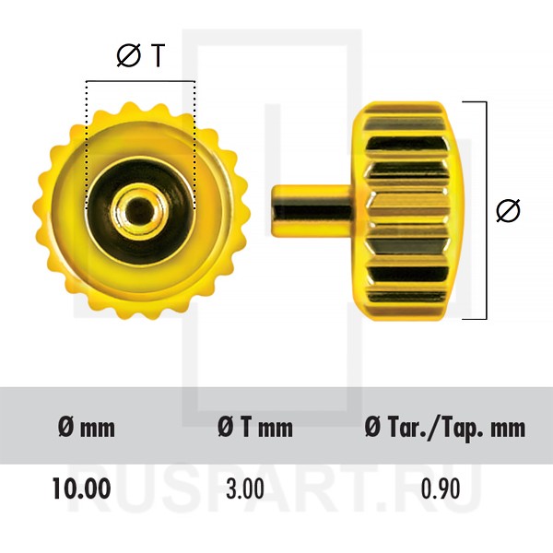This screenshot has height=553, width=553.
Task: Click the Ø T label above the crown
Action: pyautogui.click(x=141, y=56)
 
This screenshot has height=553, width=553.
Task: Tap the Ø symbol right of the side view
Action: pyautogui.click(x=508, y=210)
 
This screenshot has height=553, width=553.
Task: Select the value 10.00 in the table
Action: pyautogui.click(x=81, y=488)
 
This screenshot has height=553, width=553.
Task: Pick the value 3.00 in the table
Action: pyautogui.click(x=245, y=488)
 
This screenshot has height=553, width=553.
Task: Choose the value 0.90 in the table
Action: pyautogui.click(x=441, y=488)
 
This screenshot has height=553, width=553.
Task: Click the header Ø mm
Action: pyautogui.click(x=87, y=428)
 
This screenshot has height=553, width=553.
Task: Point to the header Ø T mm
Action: pyautogui.click(x=255, y=428)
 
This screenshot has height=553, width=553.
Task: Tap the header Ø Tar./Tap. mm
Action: pyautogui.click(x=445, y=429)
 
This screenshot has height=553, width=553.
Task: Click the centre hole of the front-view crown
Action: pyautogui.click(x=140, y=210)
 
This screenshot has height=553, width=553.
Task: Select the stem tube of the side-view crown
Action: pyautogui.click(x=312, y=211)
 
